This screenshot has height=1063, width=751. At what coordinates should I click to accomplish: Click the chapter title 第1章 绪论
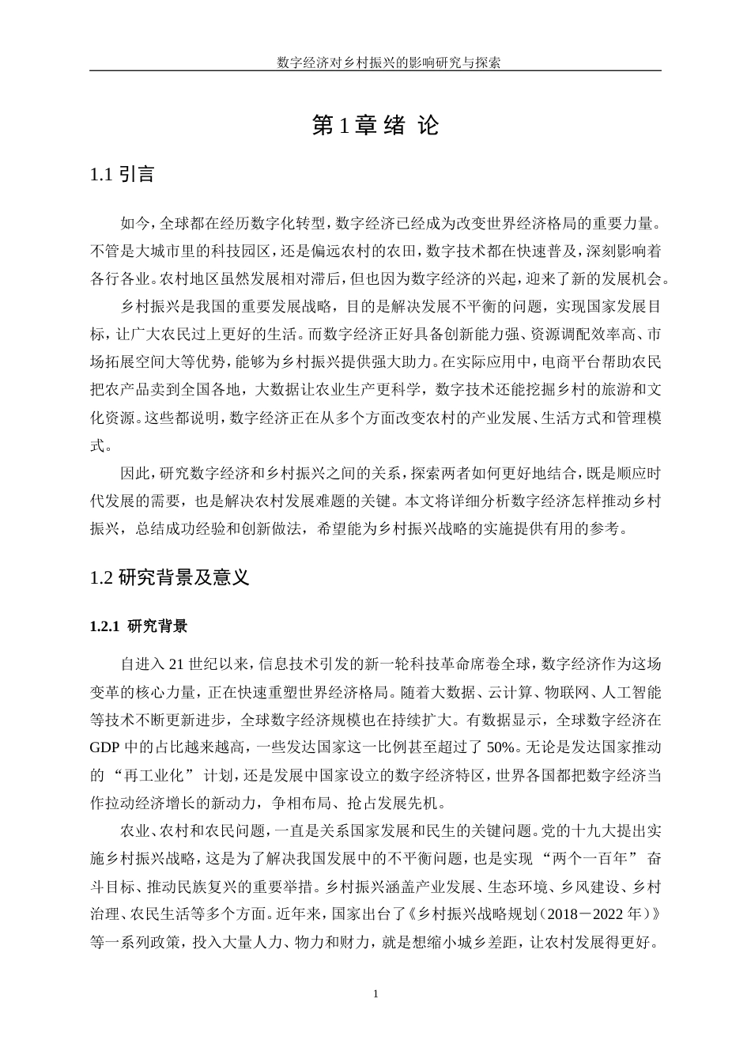coord(375,125)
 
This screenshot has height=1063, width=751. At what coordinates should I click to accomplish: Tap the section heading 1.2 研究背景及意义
coord(170,577)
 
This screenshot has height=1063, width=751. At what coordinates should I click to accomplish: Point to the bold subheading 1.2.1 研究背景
coord(139,626)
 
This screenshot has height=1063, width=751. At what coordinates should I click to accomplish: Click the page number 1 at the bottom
coord(375,993)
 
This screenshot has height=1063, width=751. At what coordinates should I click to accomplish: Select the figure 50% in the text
coord(501,746)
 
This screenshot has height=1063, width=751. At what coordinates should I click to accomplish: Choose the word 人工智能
coord(630,690)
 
